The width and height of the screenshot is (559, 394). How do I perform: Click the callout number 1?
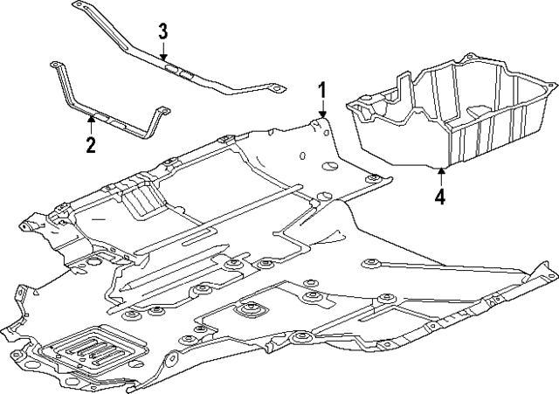pyautogui.click(x=322, y=89)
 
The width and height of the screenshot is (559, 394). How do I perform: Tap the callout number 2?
pyautogui.click(x=90, y=144)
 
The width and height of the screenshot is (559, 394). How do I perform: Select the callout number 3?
pyautogui.click(x=162, y=31)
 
